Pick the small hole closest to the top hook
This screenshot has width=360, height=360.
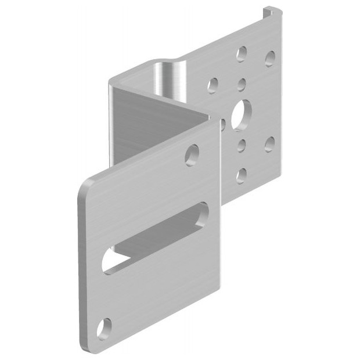[270, 58]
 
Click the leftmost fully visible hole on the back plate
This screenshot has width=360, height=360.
[213, 85]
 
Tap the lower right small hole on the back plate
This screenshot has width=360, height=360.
[269, 143]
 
